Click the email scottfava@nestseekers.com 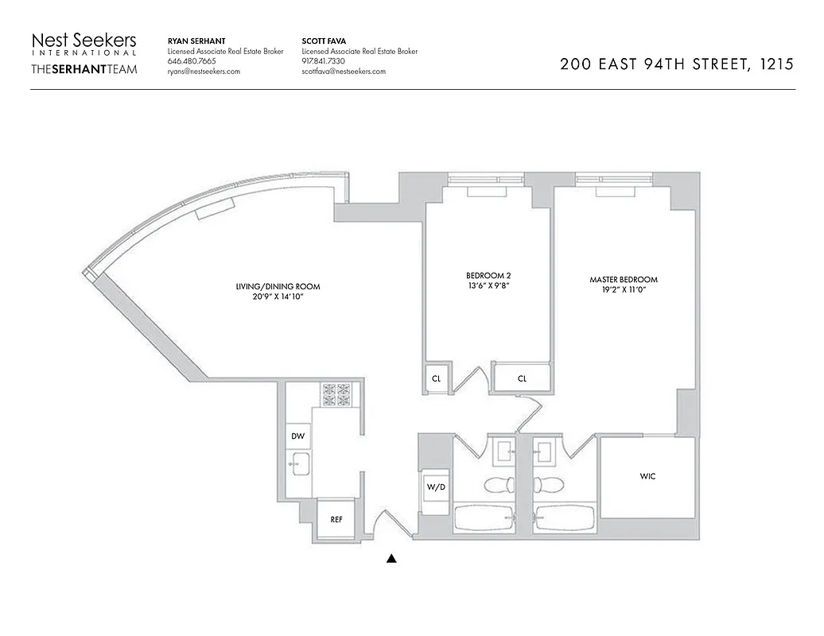(344, 72)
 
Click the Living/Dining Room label (272, 286)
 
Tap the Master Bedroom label (624, 280)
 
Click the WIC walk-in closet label (647, 476)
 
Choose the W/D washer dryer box (435, 487)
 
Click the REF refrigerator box (336, 519)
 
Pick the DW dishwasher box (297, 436)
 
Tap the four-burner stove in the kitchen (336, 393)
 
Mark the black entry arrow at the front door (391, 559)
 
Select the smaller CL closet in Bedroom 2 (436, 379)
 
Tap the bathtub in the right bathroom (564, 519)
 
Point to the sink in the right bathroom (547, 452)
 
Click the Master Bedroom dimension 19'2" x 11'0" (624, 291)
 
